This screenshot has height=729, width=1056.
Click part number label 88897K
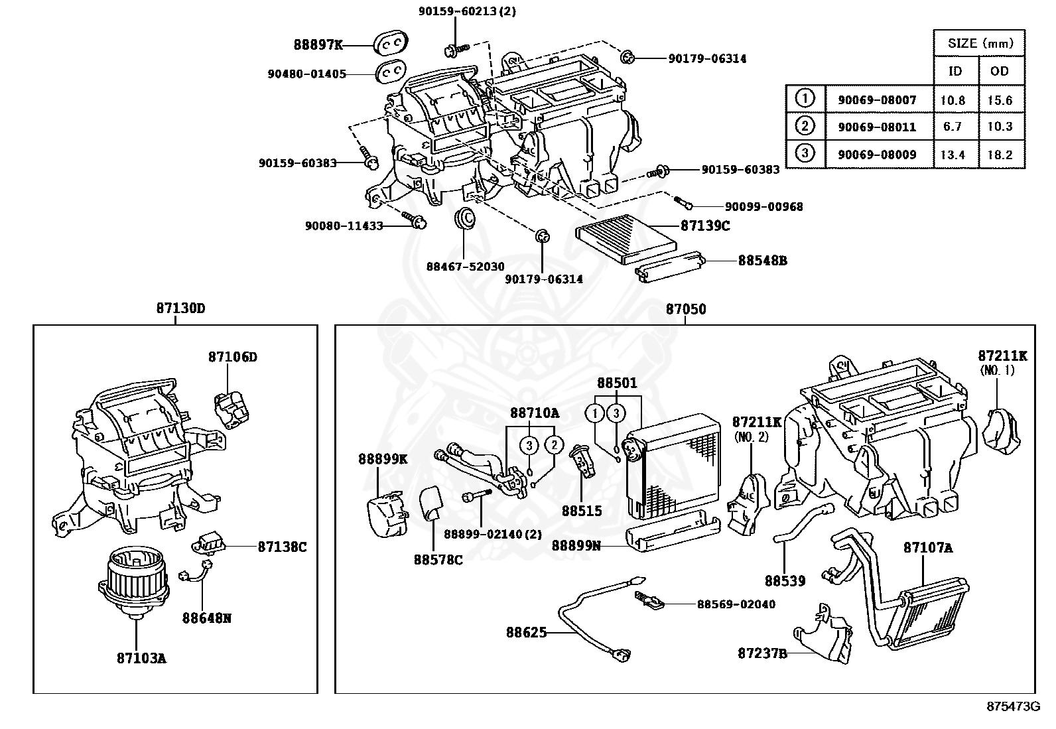[x=318, y=45]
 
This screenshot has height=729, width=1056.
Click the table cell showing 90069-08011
[x=876, y=127]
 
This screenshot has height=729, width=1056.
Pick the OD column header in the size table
[x=999, y=70]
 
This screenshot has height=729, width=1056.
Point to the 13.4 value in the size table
[x=953, y=155]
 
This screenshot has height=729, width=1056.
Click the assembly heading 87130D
[x=180, y=308]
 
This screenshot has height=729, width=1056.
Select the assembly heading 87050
[x=686, y=309]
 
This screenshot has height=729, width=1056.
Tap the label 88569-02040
[x=736, y=604]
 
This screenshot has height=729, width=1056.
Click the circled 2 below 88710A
[x=554, y=444]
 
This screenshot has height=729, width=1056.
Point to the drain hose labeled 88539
[x=799, y=524]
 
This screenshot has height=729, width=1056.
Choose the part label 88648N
[x=207, y=618]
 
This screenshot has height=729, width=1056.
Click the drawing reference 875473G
[x=1012, y=706]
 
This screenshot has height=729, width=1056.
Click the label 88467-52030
[x=465, y=267]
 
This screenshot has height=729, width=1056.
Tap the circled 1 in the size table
[x=805, y=99]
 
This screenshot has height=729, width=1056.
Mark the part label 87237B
[x=762, y=653]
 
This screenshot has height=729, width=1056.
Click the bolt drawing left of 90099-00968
[x=683, y=201]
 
